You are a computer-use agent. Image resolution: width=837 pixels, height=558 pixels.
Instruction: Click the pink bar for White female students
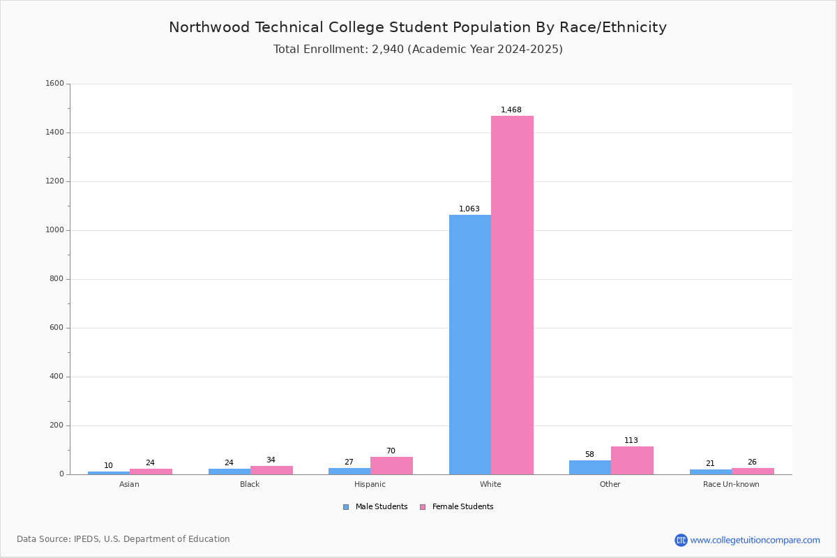tap(512, 295)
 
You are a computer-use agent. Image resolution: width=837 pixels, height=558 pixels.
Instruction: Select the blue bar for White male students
tap(470, 345)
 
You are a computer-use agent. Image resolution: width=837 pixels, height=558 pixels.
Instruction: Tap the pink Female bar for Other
tap(632, 460)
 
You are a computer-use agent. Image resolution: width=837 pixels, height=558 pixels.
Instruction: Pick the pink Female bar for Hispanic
tap(391, 466)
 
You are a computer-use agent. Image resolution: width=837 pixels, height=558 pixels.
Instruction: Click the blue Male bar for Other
tap(590, 467)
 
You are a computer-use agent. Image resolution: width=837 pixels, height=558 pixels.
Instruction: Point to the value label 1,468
tap(511, 110)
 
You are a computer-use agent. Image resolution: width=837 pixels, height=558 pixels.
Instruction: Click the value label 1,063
tap(469, 209)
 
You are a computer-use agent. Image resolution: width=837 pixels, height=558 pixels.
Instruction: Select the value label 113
tap(631, 440)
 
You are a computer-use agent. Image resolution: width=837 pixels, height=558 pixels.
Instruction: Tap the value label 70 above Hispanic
tap(391, 451)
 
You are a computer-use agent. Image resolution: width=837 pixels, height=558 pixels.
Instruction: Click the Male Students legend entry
tap(375, 506)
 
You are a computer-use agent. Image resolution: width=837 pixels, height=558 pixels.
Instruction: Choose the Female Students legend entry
tap(457, 506)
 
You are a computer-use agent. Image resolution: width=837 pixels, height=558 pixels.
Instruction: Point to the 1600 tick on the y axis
tap(54, 83)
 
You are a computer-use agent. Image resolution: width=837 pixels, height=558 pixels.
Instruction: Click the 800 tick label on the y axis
tap(56, 279)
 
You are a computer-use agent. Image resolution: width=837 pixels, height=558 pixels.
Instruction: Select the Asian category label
tap(129, 484)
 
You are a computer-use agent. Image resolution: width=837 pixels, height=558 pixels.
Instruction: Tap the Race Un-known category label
tap(731, 484)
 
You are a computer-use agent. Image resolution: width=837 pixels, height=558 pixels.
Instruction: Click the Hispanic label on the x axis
tap(370, 484)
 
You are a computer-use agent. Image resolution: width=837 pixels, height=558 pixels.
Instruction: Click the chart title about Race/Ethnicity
tap(418, 27)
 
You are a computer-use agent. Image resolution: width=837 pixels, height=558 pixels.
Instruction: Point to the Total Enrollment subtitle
tap(418, 49)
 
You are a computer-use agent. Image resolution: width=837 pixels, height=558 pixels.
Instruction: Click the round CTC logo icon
tap(681, 540)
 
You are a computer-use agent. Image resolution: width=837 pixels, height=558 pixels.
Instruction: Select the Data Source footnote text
tap(123, 539)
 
